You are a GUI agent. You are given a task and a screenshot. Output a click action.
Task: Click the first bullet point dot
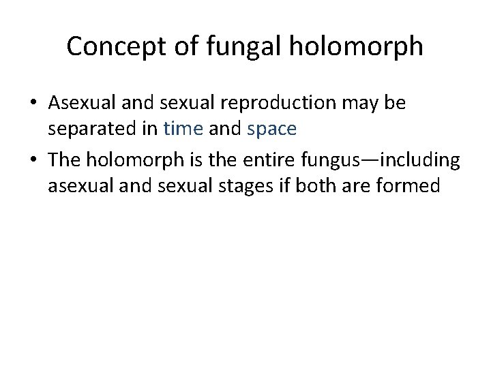[33, 104]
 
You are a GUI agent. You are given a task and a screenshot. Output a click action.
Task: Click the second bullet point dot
[33, 161]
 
